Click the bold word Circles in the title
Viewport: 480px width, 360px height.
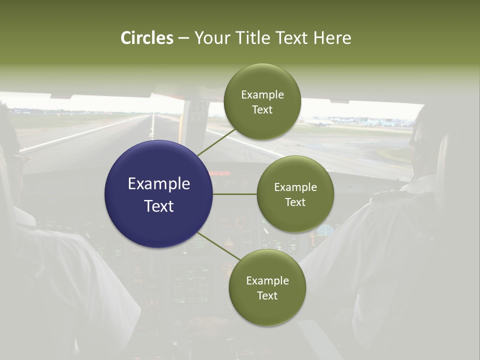click(146, 38)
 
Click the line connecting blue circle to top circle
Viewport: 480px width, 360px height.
click(216, 142)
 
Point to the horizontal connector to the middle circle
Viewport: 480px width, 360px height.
click(235, 194)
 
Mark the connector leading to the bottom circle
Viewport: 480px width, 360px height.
click(218, 246)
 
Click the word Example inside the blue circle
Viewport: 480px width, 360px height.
click(158, 184)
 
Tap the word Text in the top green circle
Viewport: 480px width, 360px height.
click(262, 110)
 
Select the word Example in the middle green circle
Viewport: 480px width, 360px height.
click(295, 187)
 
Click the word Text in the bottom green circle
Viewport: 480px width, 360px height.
click(267, 296)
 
